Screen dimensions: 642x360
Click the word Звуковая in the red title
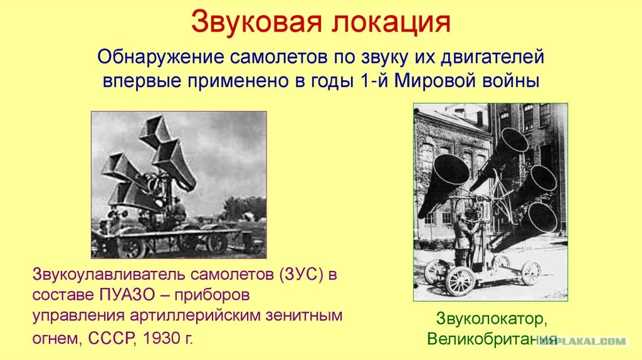click(256, 22)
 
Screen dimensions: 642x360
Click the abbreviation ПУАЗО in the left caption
click(127, 295)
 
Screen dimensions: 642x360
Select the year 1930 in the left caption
click(162, 338)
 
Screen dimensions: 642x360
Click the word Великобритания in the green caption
click(492, 339)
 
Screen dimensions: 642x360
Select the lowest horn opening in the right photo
click(543, 218)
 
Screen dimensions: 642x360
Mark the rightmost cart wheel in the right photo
click(531, 273)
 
